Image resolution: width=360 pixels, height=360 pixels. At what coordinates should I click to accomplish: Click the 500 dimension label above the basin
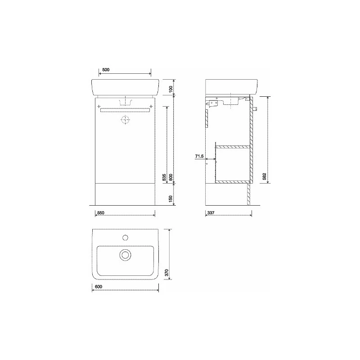106,70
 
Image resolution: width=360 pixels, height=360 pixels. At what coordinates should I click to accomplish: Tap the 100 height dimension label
171,89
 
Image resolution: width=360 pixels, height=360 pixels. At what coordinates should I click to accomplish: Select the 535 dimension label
164,177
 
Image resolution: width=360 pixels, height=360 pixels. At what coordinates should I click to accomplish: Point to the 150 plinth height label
171,199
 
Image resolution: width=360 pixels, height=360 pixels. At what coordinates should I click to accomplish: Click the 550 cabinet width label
101,213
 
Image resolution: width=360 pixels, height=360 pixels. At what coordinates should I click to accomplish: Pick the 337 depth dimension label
211,213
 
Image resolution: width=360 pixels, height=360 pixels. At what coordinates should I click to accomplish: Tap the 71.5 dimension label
199,156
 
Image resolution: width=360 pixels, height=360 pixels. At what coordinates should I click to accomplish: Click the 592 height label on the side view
264,176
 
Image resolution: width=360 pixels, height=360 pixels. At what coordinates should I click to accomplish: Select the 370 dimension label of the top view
167,273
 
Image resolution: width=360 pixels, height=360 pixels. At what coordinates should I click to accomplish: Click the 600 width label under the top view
99,287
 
